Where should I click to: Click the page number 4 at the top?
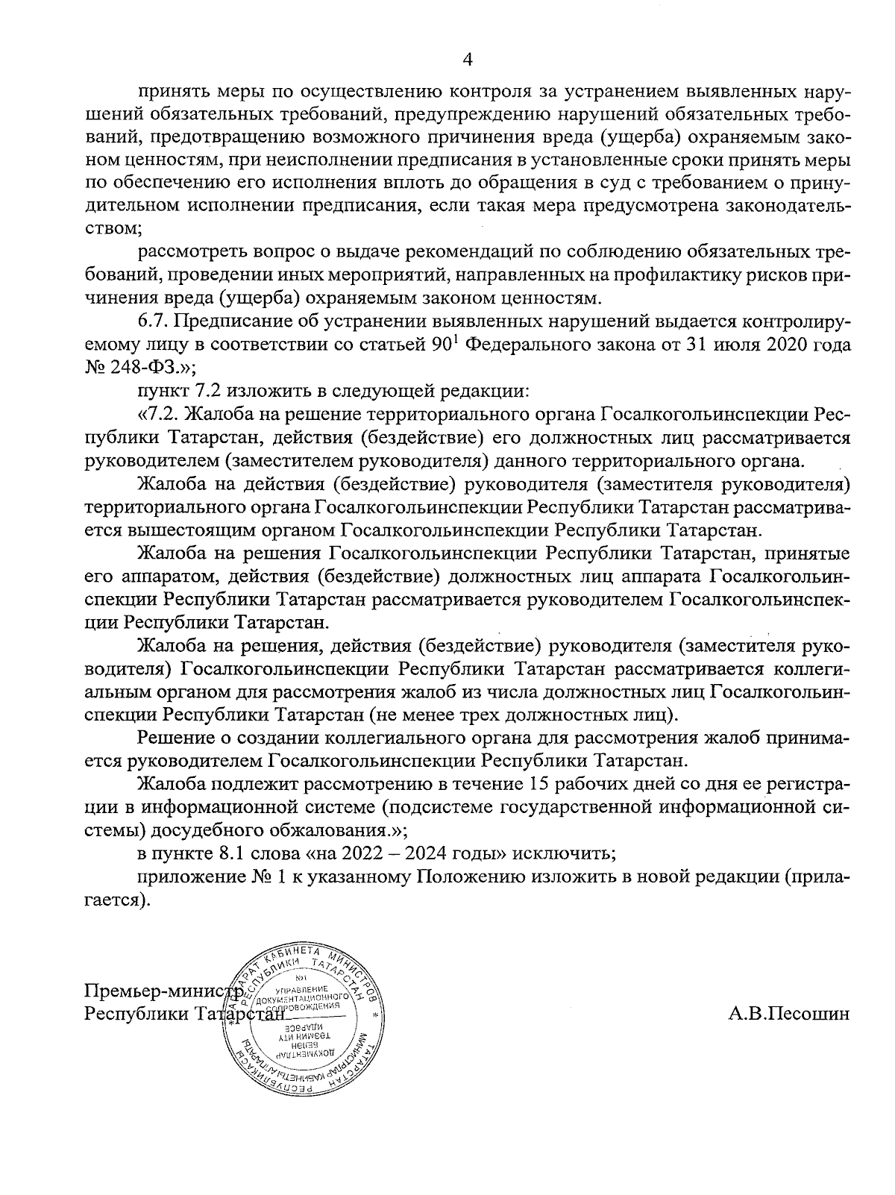[x=467, y=59]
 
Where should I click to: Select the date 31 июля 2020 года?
[x=764, y=345]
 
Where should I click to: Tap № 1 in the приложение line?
[x=267, y=877]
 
